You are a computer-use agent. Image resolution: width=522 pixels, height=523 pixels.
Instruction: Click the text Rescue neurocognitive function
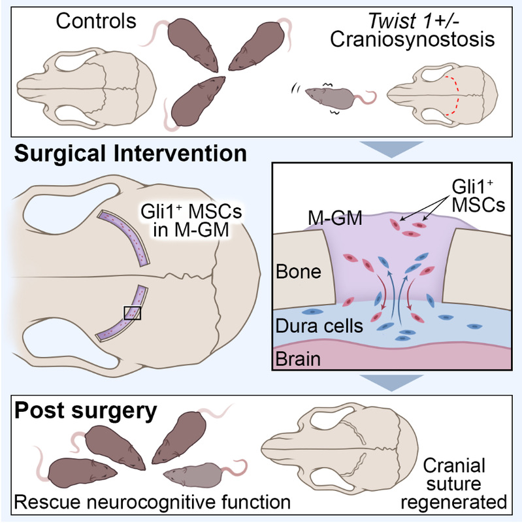point(152,502)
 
